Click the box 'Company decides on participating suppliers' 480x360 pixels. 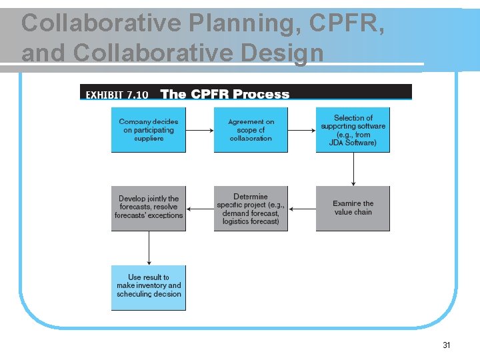pyautogui.click(x=148, y=130)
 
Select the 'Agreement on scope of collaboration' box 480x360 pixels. pyautogui.click(x=251, y=130)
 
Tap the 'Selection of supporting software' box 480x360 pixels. pyautogui.click(x=353, y=130)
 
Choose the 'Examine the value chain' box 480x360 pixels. pyautogui.click(x=353, y=208)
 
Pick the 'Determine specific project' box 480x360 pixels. pyautogui.click(x=251, y=208)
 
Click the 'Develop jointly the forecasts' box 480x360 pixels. pyautogui.click(x=148, y=208)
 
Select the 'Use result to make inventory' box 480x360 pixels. pyautogui.click(x=148, y=287)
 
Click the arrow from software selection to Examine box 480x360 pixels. pyautogui.click(x=353, y=169)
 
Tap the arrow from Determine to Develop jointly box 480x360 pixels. pyautogui.click(x=199, y=209)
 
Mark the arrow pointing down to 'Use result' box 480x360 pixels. pyautogui.click(x=149, y=248)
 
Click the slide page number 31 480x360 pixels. pyautogui.click(x=447, y=345)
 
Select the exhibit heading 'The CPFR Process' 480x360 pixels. pyautogui.click(x=225, y=94)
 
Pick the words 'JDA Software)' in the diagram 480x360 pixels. pyautogui.click(x=353, y=143)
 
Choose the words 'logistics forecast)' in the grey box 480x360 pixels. pyautogui.click(x=251, y=221)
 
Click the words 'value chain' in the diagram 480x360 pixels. pyautogui.click(x=353, y=213)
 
